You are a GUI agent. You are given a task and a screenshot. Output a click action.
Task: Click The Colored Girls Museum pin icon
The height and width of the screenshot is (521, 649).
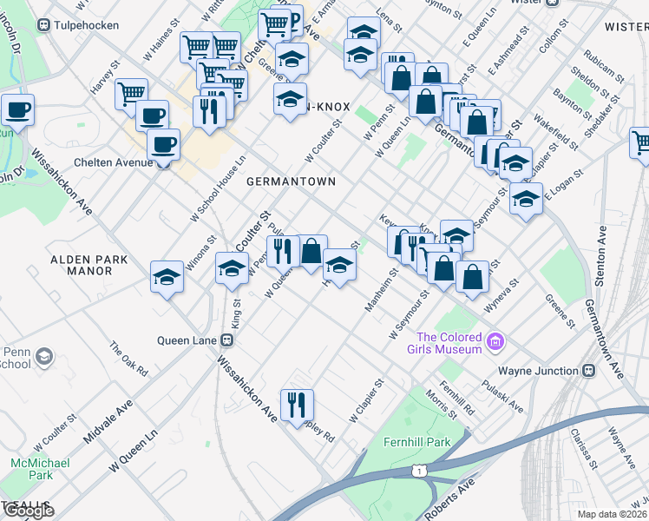click(495, 343)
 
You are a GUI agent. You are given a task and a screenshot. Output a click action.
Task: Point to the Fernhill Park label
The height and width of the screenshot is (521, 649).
click(417, 442)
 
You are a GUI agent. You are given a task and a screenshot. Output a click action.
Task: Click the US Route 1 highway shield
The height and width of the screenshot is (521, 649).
click(419, 471)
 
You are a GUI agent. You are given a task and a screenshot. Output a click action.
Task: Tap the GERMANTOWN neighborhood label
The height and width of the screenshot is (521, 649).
click(291, 181)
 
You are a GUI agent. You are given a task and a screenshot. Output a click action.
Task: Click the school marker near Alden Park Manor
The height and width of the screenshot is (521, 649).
click(167, 277)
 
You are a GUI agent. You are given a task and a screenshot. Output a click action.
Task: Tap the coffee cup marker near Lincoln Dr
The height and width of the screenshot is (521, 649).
click(16, 110)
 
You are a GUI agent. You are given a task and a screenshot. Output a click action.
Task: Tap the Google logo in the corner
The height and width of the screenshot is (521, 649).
click(28, 511)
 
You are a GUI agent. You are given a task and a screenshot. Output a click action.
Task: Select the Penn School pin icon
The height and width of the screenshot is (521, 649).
click(44, 356)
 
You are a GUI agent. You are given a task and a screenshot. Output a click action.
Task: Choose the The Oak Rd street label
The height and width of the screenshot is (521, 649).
click(128, 359)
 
